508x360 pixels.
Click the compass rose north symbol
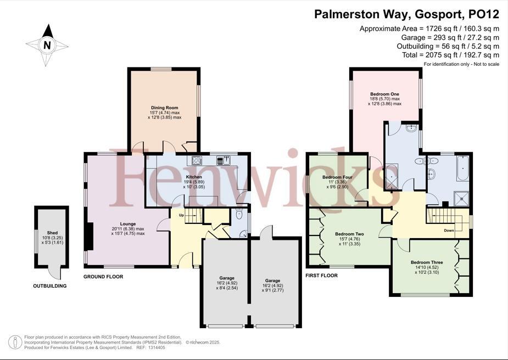(47, 45)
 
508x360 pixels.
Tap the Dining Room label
(165, 108)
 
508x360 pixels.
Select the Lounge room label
(128, 224)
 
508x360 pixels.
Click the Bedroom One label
(384, 94)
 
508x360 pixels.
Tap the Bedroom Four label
(337, 178)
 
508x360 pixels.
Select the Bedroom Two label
(349, 234)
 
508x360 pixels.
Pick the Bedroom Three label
(427, 262)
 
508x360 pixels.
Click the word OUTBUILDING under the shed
(50, 286)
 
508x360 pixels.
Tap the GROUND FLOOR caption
(104, 277)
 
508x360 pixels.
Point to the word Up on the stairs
(181, 215)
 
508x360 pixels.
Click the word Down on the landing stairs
(449, 230)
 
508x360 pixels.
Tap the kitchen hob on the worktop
(196, 161)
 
